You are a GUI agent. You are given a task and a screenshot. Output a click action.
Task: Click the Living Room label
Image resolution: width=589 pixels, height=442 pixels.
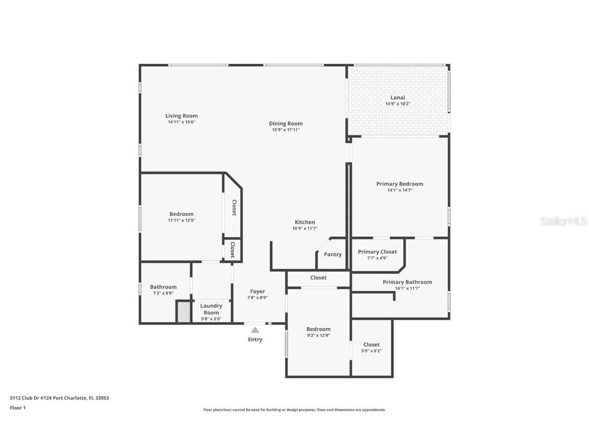coord(181,116)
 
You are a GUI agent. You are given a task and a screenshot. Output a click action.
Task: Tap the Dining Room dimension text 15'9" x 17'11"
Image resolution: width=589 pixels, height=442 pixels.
coord(285,130)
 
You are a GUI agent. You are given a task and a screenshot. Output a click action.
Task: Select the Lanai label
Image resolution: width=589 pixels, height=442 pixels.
coord(398,97)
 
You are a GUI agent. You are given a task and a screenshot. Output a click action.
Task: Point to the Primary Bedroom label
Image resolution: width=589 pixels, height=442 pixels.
coord(399,184)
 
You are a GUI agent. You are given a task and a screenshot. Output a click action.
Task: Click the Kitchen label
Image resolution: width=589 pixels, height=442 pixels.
coord(304,222)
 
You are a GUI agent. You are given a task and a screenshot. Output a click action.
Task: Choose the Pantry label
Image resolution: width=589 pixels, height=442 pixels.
coord(332,254)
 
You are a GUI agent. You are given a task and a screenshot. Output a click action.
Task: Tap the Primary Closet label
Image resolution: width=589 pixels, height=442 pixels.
coord(377,252)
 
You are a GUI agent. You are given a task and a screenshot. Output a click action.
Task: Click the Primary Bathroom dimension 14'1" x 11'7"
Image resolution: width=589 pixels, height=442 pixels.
coord(407,289)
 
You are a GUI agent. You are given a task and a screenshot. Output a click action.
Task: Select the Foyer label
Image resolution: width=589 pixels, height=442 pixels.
coord(257,292)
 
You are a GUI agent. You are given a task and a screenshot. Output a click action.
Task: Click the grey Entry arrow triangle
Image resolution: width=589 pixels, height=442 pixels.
coord(255,330)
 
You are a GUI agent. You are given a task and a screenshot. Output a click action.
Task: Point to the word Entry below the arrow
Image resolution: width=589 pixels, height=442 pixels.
coord(255,339)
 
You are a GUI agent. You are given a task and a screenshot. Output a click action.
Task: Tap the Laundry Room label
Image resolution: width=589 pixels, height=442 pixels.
coord(211,309)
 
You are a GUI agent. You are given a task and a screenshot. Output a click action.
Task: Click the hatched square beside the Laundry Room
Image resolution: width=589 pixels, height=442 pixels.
coord(183,312)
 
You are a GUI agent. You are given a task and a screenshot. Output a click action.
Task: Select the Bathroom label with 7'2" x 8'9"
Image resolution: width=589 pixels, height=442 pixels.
coord(163,287)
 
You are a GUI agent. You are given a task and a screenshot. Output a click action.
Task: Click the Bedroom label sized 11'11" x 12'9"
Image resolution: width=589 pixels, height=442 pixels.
coord(181,214)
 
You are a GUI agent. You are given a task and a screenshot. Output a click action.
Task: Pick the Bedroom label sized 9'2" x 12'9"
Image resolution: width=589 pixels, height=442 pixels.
coord(318,329)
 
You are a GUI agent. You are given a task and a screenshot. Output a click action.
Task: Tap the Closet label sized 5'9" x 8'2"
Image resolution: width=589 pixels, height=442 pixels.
coord(371,344)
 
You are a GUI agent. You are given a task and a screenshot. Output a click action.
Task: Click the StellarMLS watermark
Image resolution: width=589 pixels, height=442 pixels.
coord(563,221)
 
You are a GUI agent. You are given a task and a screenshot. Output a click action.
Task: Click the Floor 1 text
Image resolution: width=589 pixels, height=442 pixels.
coord(17,408)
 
